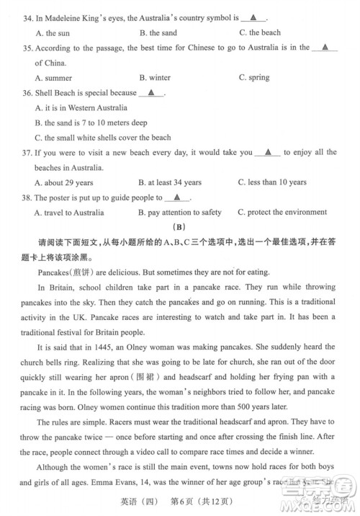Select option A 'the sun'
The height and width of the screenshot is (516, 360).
click(x=51, y=33)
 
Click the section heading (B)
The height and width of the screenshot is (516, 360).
click(x=181, y=228)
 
